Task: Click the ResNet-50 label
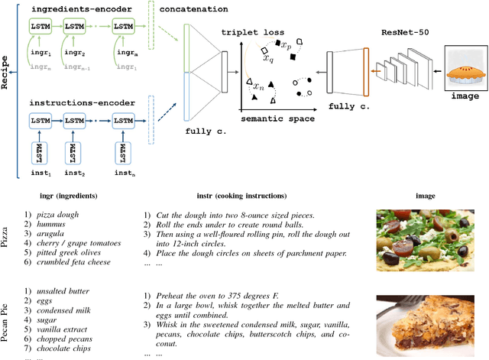pos(404,33)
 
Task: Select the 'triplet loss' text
pos(252,34)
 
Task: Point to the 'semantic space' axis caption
pos(274,119)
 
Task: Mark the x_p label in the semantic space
pos(285,46)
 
